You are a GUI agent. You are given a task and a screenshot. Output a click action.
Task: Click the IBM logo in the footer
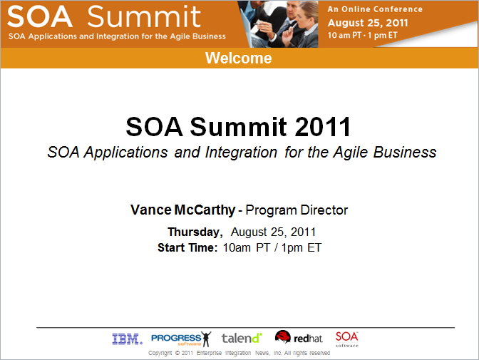tap(127, 339)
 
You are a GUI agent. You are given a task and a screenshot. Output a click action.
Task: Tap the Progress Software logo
tap(181, 339)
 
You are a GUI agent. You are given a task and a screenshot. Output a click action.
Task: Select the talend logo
tap(242, 338)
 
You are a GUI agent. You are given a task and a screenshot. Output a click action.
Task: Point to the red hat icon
tap(282, 336)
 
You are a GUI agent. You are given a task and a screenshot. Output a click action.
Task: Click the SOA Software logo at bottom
tap(346, 339)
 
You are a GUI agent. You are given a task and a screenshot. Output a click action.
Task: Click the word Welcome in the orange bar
tap(239, 58)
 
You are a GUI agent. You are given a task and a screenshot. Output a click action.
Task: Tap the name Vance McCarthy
tap(182, 210)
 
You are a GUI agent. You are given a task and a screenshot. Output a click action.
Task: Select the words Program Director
tap(297, 210)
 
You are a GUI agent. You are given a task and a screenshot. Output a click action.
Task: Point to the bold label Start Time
tap(187, 247)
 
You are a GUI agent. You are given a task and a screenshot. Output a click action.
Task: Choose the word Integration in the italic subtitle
tap(241, 152)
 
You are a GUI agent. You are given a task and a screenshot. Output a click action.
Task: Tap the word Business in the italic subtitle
tap(405, 152)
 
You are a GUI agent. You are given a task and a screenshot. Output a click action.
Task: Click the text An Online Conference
tap(375, 9)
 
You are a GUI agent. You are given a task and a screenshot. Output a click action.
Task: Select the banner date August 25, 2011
tap(368, 23)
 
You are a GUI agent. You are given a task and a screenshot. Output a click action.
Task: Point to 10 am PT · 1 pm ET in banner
tap(362, 35)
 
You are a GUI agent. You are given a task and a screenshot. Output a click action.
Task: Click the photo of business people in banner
tap(278, 24)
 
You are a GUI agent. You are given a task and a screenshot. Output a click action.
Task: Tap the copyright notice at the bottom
tap(239, 353)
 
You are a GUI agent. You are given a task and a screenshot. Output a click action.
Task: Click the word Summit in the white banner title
tap(144, 16)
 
